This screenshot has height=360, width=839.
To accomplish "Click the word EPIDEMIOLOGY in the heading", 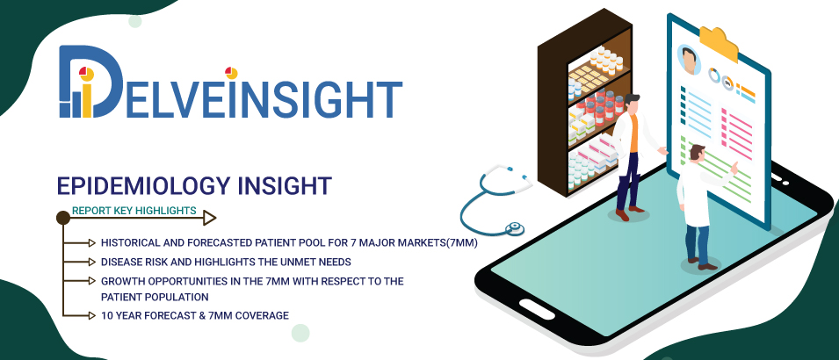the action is point(141,185).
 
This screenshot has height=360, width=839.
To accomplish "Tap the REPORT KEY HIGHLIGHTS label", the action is point(134,211).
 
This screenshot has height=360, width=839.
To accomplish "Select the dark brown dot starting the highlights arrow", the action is point(63,218).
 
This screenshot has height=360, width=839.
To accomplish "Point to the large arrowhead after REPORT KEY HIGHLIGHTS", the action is point(209,218).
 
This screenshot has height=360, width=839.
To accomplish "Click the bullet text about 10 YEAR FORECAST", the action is point(195,315).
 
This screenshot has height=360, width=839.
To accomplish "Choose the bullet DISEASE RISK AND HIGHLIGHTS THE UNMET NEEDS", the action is point(226,262).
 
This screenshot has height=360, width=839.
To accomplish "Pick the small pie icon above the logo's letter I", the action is point(231,72).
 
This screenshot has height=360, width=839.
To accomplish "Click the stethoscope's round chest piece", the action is point(515,228).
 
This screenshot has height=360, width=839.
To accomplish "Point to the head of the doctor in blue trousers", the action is point(697,153).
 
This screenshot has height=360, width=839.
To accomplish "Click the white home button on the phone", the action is point(537,310).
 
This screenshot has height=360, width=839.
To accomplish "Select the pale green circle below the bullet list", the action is point(300,333).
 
